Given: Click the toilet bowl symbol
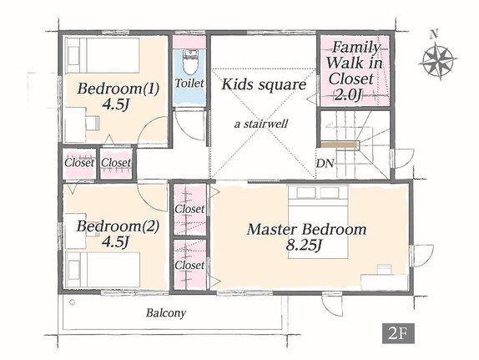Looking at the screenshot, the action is coord(189,62).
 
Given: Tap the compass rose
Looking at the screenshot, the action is coord(437,61).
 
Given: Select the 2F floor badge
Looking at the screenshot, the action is coord(398,333).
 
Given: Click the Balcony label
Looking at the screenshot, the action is coord(166,313).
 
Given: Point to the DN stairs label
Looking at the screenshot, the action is coord(325,164).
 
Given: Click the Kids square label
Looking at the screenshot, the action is coord(264,84).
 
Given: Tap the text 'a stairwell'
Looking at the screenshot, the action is coord(261,124).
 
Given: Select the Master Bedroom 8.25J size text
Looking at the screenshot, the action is coord(305,245).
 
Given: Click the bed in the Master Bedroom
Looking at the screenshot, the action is coord(318,221).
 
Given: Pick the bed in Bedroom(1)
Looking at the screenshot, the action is coord(103,55).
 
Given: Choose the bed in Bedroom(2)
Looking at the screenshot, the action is coord(103,270).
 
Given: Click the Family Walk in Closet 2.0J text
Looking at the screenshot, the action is coord(354,71).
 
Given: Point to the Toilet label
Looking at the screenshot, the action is coord(189,84).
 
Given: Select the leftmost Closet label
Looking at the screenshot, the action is coord(79,163).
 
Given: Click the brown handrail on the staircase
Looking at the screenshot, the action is coord(340,144).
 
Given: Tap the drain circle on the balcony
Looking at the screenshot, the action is coord(73,302).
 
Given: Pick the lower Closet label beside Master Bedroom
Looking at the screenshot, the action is coord(189,265).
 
